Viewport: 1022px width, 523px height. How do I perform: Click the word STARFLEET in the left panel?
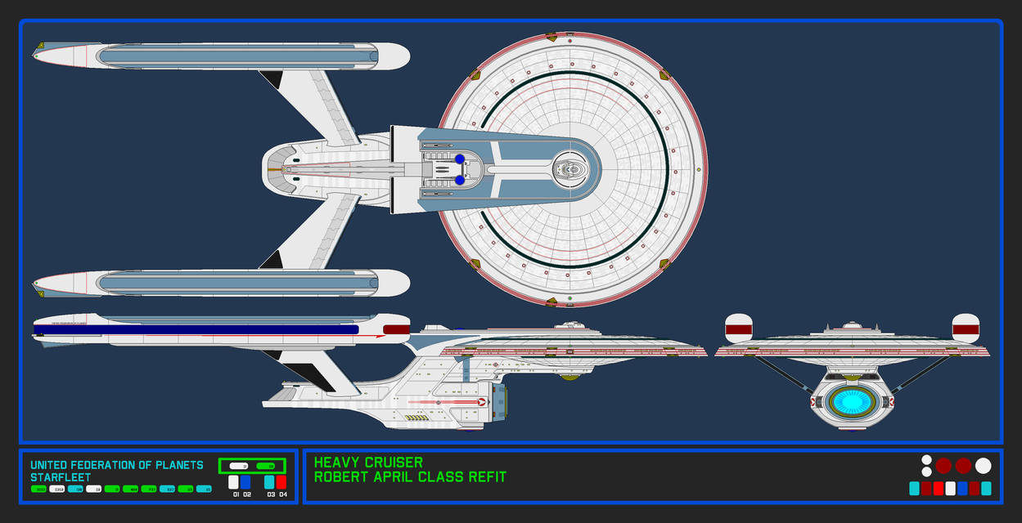(61, 477)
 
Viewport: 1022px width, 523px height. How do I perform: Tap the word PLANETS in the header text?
(179, 465)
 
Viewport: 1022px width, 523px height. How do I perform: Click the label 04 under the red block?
(281, 494)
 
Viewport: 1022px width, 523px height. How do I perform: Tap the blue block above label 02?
(245, 482)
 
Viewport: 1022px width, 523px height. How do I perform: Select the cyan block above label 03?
(269, 482)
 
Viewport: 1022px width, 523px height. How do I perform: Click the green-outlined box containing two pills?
(251, 466)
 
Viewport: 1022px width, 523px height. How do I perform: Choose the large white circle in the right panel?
(983, 466)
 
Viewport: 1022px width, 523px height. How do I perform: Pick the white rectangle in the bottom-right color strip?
(950, 489)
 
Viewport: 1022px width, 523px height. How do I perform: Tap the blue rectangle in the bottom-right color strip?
(962, 489)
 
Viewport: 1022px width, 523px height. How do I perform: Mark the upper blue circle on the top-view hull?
(460, 159)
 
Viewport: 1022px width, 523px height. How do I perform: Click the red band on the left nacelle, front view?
(739, 331)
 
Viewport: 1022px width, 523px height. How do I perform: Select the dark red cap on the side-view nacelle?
(396, 330)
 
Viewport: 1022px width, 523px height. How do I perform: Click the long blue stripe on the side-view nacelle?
(196, 329)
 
